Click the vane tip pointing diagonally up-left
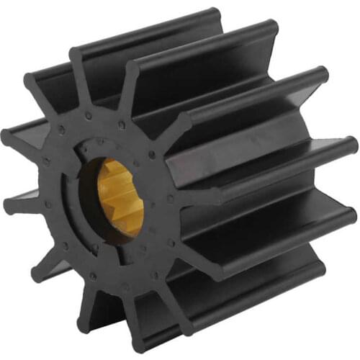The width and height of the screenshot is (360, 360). click(32, 83)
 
